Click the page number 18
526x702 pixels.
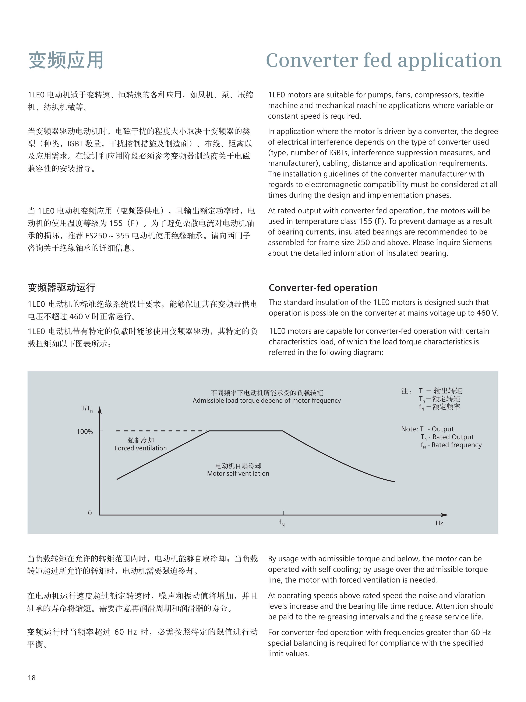click(32, 678)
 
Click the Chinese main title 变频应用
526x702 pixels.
click(66, 60)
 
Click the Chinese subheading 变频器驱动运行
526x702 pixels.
click(61, 288)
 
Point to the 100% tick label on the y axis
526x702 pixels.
click(85, 432)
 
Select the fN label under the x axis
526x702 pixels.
click(282, 522)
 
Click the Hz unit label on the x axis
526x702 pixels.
click(439, 523)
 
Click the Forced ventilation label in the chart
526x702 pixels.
click(140, 448)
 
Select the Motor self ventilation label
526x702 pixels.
click(238, 473)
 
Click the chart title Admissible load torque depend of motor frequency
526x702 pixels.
click(267, 400)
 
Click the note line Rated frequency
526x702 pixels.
click(451, 445)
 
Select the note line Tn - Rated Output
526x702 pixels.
click(447, 437)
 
